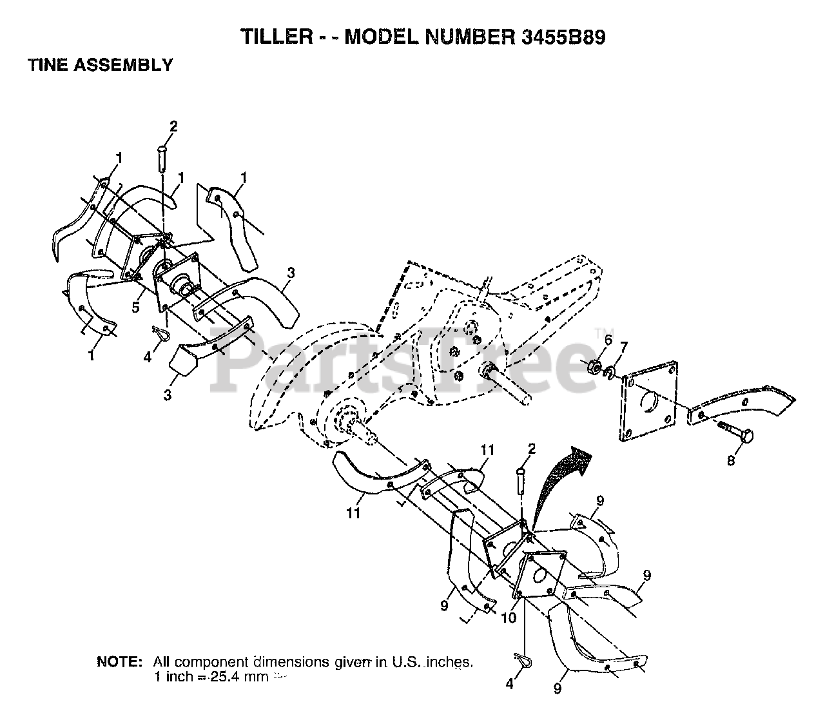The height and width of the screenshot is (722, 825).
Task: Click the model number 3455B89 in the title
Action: click(x=561, y=37)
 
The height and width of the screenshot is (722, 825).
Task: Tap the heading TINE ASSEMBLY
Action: click(x=100, y=64)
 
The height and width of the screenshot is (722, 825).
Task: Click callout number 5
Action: click(x=135, y=307)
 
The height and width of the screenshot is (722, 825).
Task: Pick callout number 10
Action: click(x=509, y=616)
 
